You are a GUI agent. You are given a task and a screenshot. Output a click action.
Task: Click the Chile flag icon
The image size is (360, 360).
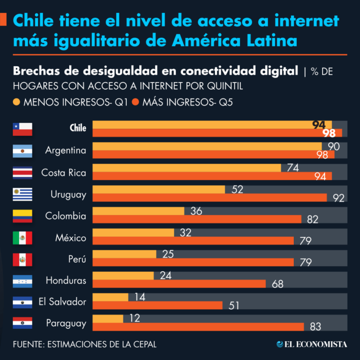coord(23,129)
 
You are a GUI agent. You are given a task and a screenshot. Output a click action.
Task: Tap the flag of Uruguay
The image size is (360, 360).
coord(23,194)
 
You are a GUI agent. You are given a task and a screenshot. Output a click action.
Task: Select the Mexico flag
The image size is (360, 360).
coord(23,238)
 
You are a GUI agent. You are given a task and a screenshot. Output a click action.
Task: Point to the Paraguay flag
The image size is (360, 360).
coord(23,323)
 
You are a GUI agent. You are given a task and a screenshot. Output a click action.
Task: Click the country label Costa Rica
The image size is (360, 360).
coord(64,172)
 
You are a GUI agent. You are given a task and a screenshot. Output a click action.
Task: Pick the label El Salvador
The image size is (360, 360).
coord(62,301)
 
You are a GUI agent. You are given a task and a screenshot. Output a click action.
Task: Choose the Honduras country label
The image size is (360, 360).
coord(66,280)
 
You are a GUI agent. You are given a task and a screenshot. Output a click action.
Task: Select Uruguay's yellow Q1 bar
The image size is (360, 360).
coord(158,190)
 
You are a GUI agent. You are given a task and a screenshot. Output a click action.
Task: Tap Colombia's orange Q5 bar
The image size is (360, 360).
coord(197,219)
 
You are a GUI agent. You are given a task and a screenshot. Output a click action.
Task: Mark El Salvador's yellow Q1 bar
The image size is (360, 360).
coord(110,297)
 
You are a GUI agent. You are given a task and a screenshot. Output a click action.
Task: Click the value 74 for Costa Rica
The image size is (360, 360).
coord(293,168)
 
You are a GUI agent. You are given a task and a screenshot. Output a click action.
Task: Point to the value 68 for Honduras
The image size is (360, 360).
coord(277,284)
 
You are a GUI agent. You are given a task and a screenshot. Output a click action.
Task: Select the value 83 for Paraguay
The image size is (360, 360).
coord(315,327)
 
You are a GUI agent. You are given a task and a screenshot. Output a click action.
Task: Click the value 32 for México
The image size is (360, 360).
coord(185,232)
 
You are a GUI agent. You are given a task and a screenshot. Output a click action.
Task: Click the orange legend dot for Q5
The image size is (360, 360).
coord(136,102)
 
